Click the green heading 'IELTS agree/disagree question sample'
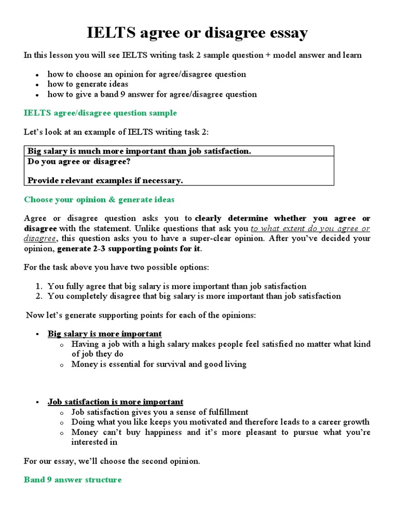100,113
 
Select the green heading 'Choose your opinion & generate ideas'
99,200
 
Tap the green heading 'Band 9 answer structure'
73,480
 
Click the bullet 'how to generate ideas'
88,84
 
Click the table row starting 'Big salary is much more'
139,151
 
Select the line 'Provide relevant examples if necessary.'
105,181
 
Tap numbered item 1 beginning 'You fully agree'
177,286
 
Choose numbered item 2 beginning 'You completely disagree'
194,296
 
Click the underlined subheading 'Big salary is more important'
105,334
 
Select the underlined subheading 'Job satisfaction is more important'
116,402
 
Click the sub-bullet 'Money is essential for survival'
159,364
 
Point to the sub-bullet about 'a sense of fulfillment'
160,412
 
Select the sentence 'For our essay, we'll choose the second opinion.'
112,461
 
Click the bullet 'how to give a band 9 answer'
152,94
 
